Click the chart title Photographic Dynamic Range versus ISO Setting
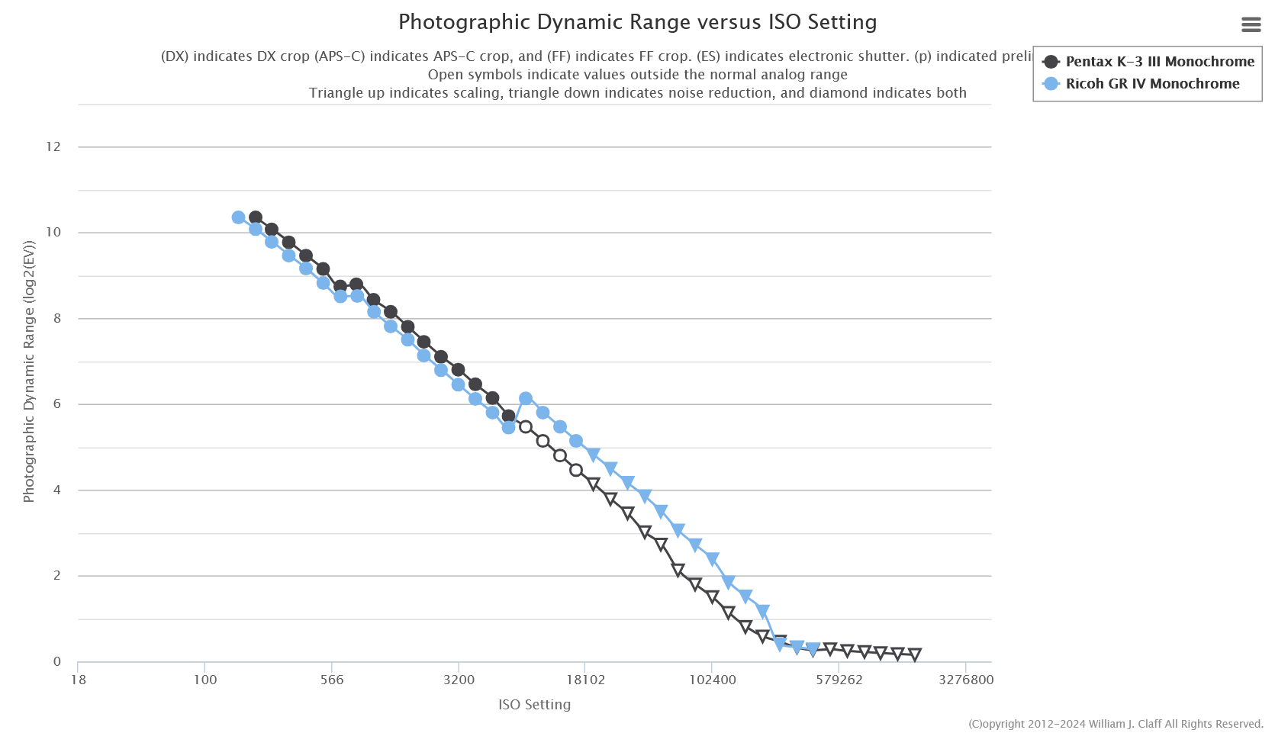tap(637, 22)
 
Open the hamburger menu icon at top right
tap(1251, 24)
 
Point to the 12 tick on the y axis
tap(53, 146)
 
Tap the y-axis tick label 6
tap(57, 404)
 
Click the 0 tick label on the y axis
tap(57, 662)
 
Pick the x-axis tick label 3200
tap(459, 680)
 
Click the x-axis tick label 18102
tap(585, 680)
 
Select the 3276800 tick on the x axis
tap(965, 680)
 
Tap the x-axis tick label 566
tap(332, 680)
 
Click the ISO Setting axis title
tap(534, 705)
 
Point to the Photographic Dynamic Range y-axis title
tap(29, 372)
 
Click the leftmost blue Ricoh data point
tap(238, 217)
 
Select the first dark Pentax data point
tap(256, 217)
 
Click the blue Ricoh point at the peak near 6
tap(526, 398)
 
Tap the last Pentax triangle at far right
tap(915, 654)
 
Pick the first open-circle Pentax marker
tap(526, 426)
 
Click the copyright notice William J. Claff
tap(1116, 724)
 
